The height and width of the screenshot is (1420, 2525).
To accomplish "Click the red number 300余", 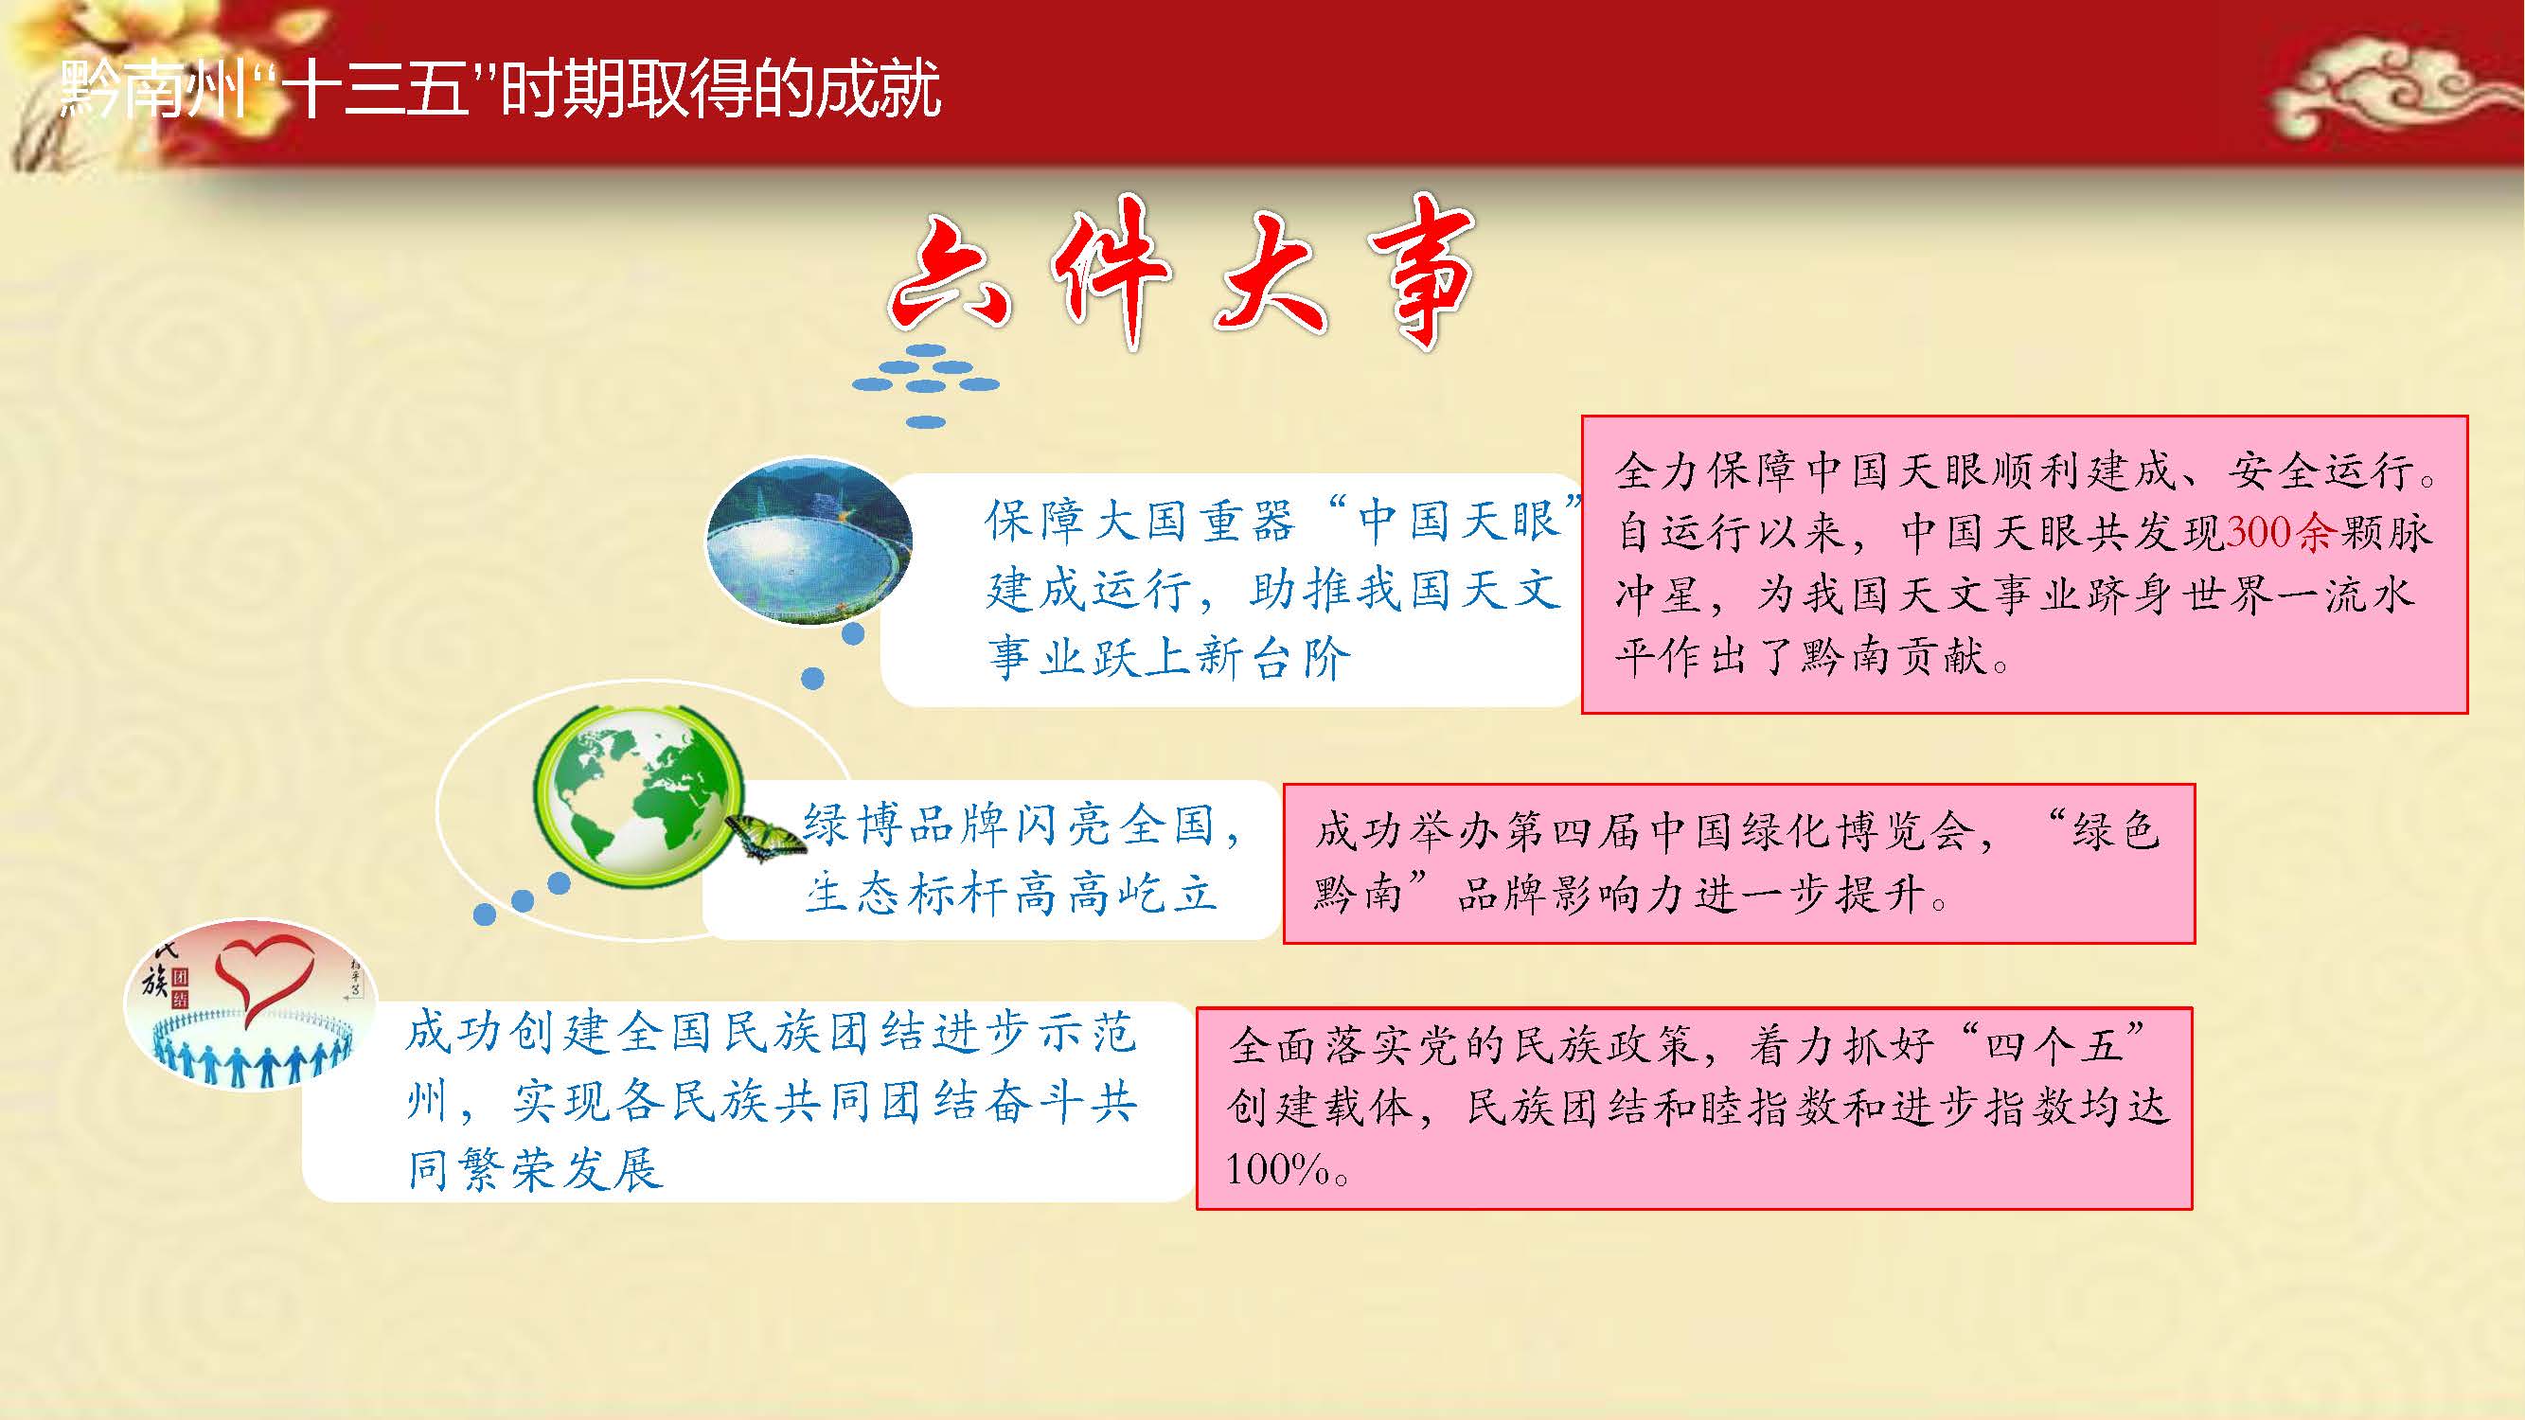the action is coord(2282,532).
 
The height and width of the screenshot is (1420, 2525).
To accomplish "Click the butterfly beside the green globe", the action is coord(764,836).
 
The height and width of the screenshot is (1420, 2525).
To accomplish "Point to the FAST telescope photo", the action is coord(809,540).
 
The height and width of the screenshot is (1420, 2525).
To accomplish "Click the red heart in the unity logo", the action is coord(261,976).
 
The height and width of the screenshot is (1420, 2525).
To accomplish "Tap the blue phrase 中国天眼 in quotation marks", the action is coord(1460,520).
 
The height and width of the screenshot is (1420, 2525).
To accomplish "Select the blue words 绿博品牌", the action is coord(906,825).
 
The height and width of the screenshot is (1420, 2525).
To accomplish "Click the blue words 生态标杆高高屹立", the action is coord(1010,894).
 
